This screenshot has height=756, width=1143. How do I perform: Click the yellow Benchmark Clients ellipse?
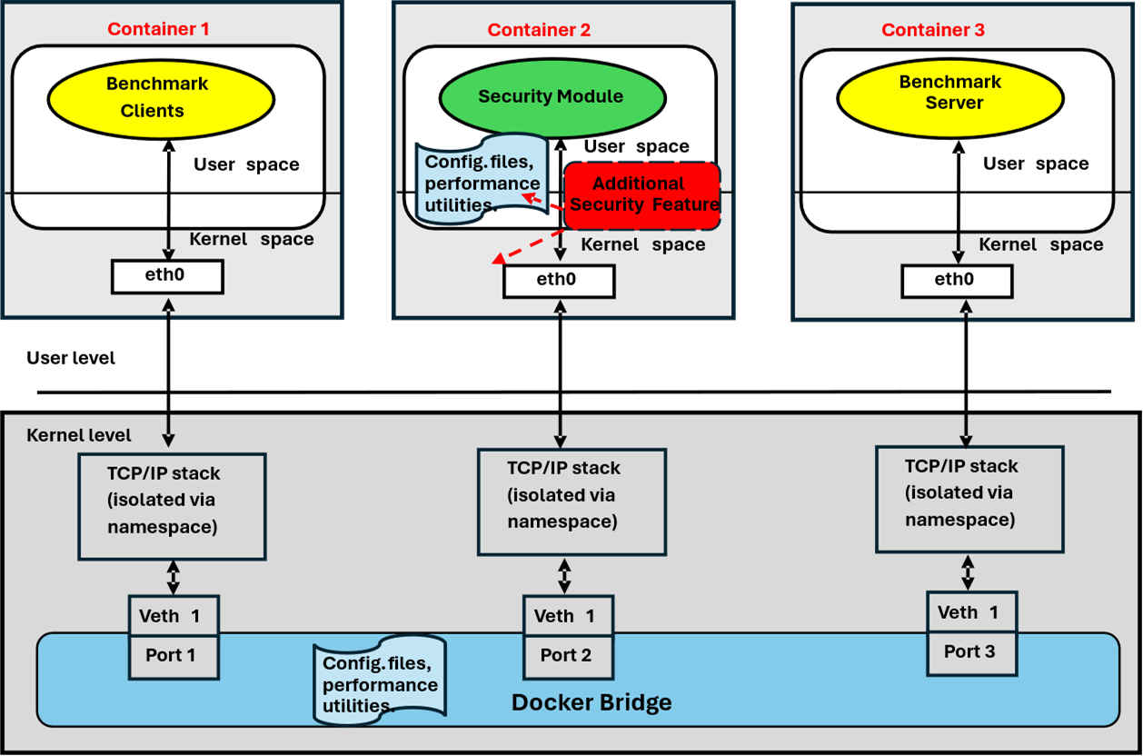[159, 97]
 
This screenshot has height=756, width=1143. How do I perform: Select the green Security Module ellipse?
[551, 96]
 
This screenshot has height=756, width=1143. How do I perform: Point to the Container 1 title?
[158, 29]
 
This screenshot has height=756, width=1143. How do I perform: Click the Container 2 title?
[539, 30]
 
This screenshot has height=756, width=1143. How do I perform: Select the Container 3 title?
[932, 30]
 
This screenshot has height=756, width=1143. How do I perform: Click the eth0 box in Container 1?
[167, 276]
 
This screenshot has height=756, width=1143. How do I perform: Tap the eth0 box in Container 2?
[558, 281]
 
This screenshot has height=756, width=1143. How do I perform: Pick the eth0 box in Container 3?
[957, 280]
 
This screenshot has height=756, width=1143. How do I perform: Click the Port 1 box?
[174, 655]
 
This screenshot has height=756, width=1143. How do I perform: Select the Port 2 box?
[567, 656]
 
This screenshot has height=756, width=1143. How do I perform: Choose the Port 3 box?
[970, 652]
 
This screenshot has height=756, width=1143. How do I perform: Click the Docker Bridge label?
[591, 702]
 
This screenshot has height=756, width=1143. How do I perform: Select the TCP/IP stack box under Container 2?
[571, 501]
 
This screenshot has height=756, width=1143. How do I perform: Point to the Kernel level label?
[79, 434]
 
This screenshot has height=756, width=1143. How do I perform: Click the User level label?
[71, 358]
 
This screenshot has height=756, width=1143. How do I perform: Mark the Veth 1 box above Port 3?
[970, 612]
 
